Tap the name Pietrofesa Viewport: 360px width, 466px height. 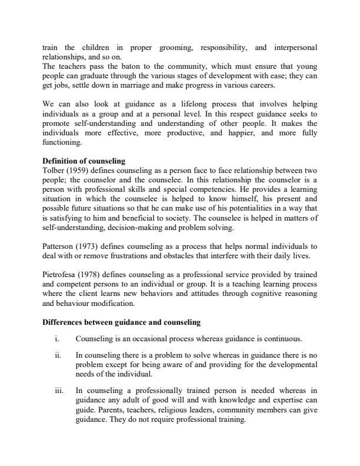coord(61,274)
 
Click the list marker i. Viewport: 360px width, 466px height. coord(56,339)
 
